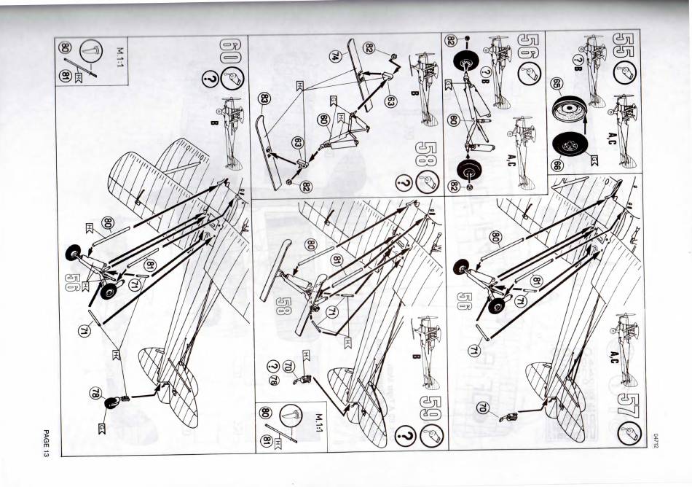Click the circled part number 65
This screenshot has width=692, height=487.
tap(557, 84)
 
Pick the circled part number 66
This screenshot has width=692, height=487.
tap(557, 165)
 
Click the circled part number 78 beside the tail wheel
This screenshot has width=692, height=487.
tap(95, 394)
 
